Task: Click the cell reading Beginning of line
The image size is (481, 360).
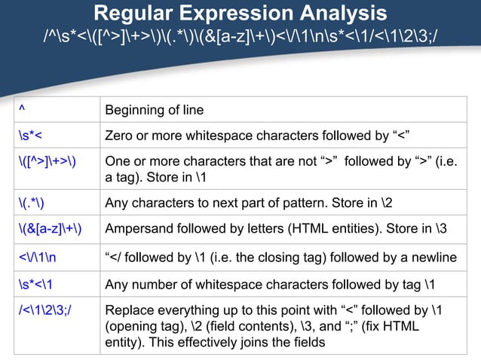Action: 155,111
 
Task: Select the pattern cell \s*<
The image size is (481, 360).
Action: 30,135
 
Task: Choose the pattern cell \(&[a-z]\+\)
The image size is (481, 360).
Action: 51,227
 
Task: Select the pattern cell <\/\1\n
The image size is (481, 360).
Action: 39,258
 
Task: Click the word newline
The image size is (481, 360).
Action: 434,258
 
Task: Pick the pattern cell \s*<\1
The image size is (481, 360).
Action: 34,285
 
